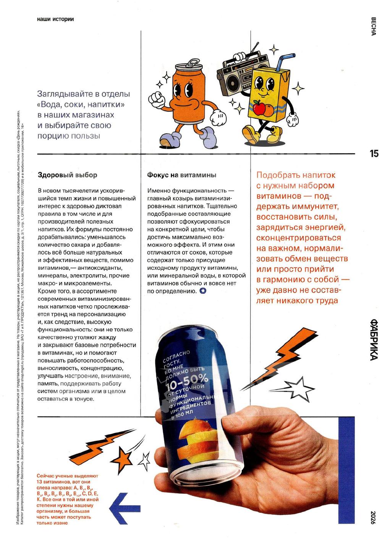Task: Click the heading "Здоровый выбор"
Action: point(67,175)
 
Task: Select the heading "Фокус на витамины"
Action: point(181,175)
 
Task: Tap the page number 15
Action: point(374,153)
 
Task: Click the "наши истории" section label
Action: point(55,19)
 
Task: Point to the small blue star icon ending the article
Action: point(203,291)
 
